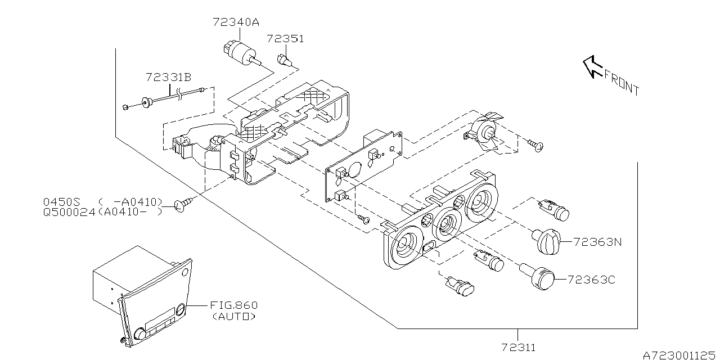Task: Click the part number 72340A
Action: coord(236,23)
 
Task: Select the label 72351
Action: coord(285,39)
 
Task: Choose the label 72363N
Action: coord(598,242)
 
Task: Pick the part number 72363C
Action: coord(591,279)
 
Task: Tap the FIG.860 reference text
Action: coord(233,305)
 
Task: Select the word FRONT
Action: coord(622,82)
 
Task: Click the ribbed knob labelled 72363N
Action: coord(546,241)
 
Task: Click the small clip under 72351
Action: coord(284,58)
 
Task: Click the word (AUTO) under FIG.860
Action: coord(233,317)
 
